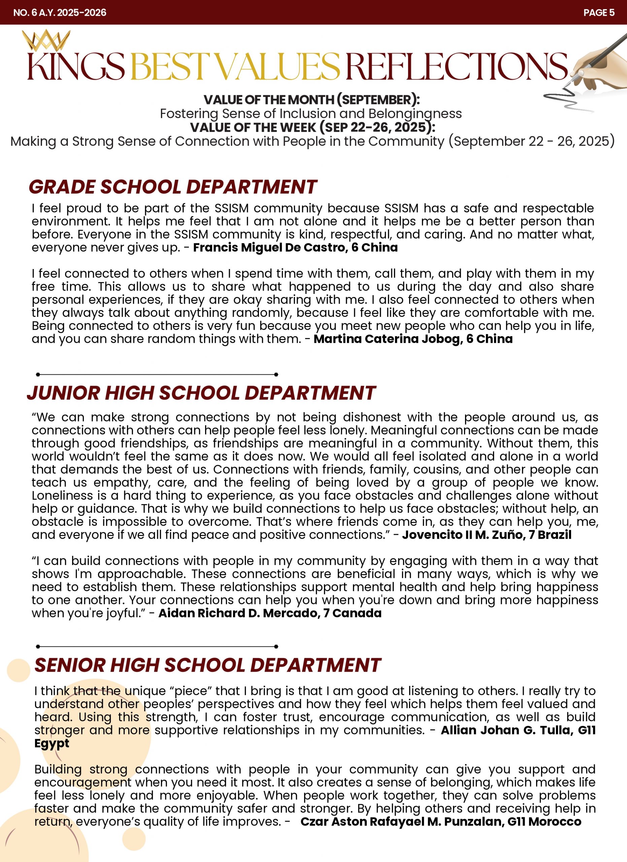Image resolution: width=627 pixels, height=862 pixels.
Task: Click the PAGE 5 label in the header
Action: (598, 12)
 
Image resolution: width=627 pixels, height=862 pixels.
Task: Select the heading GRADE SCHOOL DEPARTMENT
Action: (173, 187)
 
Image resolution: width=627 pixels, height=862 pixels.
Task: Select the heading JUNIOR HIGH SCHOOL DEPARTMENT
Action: (201, 393)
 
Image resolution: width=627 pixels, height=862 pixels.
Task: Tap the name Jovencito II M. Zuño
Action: (462, 535)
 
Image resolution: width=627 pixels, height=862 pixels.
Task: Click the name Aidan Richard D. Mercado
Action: (239, 613)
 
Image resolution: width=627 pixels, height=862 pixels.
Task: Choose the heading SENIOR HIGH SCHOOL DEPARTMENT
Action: (207, 665)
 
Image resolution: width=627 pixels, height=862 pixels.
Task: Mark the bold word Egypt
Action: (52, 743)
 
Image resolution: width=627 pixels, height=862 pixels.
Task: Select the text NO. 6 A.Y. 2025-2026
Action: (60, 12)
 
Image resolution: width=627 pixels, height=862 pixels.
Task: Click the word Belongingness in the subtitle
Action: (415, 113)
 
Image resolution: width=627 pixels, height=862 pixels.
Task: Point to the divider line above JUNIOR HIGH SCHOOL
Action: (157, 374)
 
